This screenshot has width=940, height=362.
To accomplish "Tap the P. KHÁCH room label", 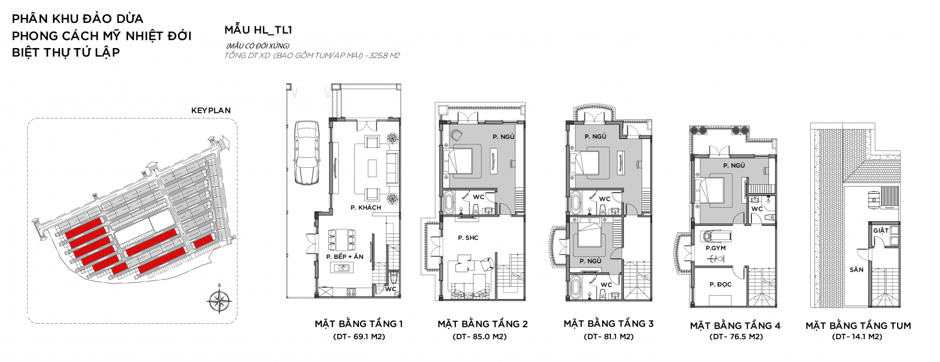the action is tap(366, 207).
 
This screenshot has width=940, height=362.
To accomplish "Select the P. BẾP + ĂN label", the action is tap(345, 256).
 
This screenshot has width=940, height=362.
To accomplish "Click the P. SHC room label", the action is tap(468, 238).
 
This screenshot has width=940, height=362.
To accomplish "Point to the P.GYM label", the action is tap(716, 248).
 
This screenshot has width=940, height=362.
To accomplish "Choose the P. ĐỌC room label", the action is tap(720, 285).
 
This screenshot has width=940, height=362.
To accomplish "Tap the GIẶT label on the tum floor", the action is tap(881, 231).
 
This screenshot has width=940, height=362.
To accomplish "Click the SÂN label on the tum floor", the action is tap(857, 270).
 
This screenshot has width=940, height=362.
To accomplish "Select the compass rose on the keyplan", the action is tap(220, 300).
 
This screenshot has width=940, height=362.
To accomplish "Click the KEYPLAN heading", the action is tap(211, 111).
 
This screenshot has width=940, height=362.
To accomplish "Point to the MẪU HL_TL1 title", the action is tap(258, 30).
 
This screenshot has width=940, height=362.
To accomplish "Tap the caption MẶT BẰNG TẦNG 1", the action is tap(359, 324).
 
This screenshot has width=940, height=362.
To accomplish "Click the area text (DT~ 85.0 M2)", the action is tap(479, 336).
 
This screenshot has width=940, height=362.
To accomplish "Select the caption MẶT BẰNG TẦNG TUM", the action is tap(858, 326).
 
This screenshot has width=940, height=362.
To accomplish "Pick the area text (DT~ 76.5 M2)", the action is tap(736, 336).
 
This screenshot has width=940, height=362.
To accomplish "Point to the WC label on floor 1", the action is tap(391, 289).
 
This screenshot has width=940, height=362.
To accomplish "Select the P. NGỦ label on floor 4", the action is tap(734, 165).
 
